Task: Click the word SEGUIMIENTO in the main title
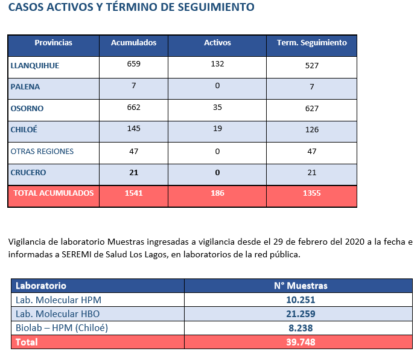(216, 7)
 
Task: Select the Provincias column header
(53, 43)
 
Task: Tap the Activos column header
(217, 43)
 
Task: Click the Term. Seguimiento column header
(312, 43)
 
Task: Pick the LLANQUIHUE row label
(35, 66)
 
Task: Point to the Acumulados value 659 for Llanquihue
(133, 64)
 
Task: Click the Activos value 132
(217, 64)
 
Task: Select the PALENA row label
(25, 87)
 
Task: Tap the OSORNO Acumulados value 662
(133, 108)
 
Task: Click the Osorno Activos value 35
(217, 108)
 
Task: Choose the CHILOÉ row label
(24, 129)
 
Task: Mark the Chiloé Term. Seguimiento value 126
(312, 130)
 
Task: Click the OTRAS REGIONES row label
(42, 152)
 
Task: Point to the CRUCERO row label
(28, 172)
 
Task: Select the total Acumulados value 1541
(133, 193)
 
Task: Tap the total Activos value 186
(217, 193)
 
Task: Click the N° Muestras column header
(301, 286)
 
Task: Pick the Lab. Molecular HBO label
(57, 314)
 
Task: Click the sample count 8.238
(301, 328)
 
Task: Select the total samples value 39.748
(301, 342)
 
